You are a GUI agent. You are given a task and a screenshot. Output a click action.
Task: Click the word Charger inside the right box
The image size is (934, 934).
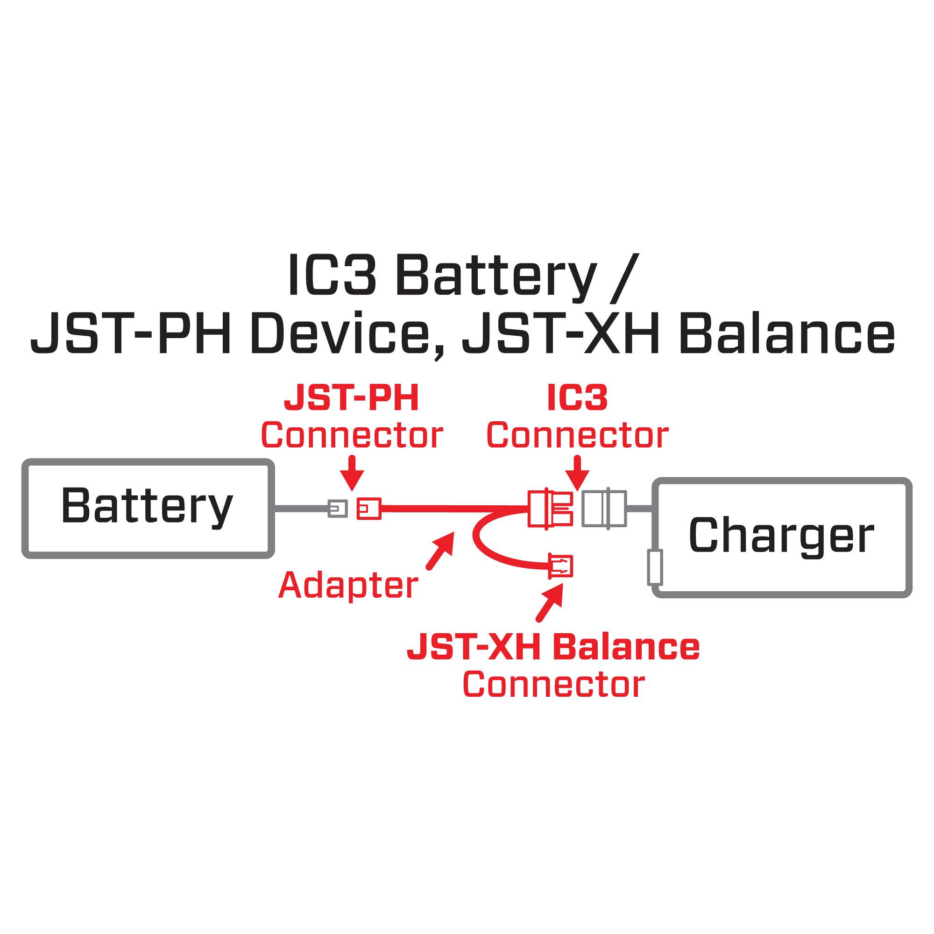click(x=781, y=536)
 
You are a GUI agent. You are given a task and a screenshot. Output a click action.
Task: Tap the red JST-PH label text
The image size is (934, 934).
click(x=351, y=398)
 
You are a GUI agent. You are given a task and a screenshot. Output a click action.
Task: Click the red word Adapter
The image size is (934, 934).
click(x=348, y=585)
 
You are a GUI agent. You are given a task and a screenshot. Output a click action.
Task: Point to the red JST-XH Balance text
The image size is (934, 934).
click(x=553, y=648)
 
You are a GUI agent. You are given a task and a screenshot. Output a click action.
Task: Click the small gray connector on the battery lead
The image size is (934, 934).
click(x=338, y=509)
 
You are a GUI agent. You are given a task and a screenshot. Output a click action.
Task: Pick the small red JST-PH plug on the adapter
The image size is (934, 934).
click(x=369, y=509)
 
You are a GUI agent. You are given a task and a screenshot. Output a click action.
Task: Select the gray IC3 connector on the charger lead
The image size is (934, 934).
click(x=604, y=509)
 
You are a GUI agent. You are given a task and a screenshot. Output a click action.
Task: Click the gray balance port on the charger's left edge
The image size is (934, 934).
click(x=655, y=567)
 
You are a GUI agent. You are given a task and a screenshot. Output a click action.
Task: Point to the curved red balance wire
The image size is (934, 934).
click(x=483, y=544)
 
